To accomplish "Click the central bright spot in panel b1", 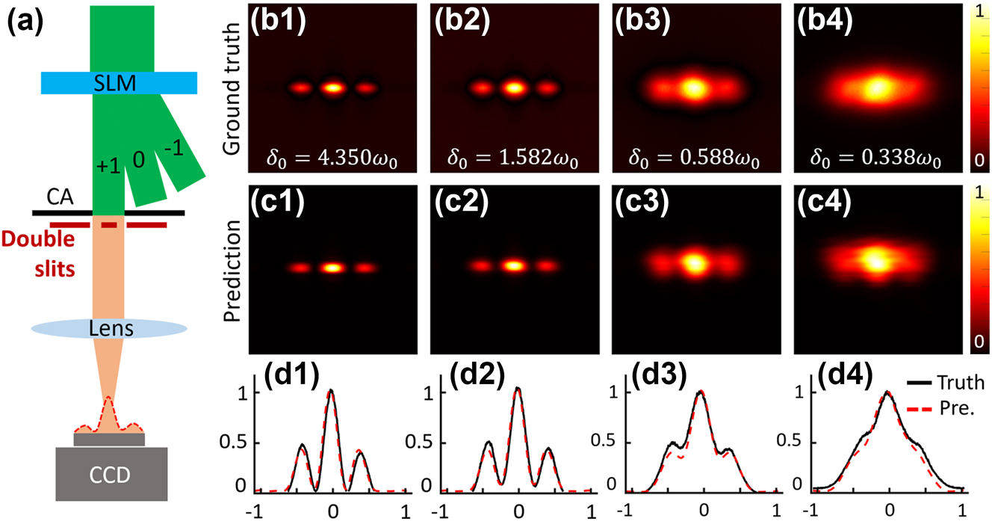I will click(x=333, y=87).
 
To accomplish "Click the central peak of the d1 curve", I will click(x=331, y=391).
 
